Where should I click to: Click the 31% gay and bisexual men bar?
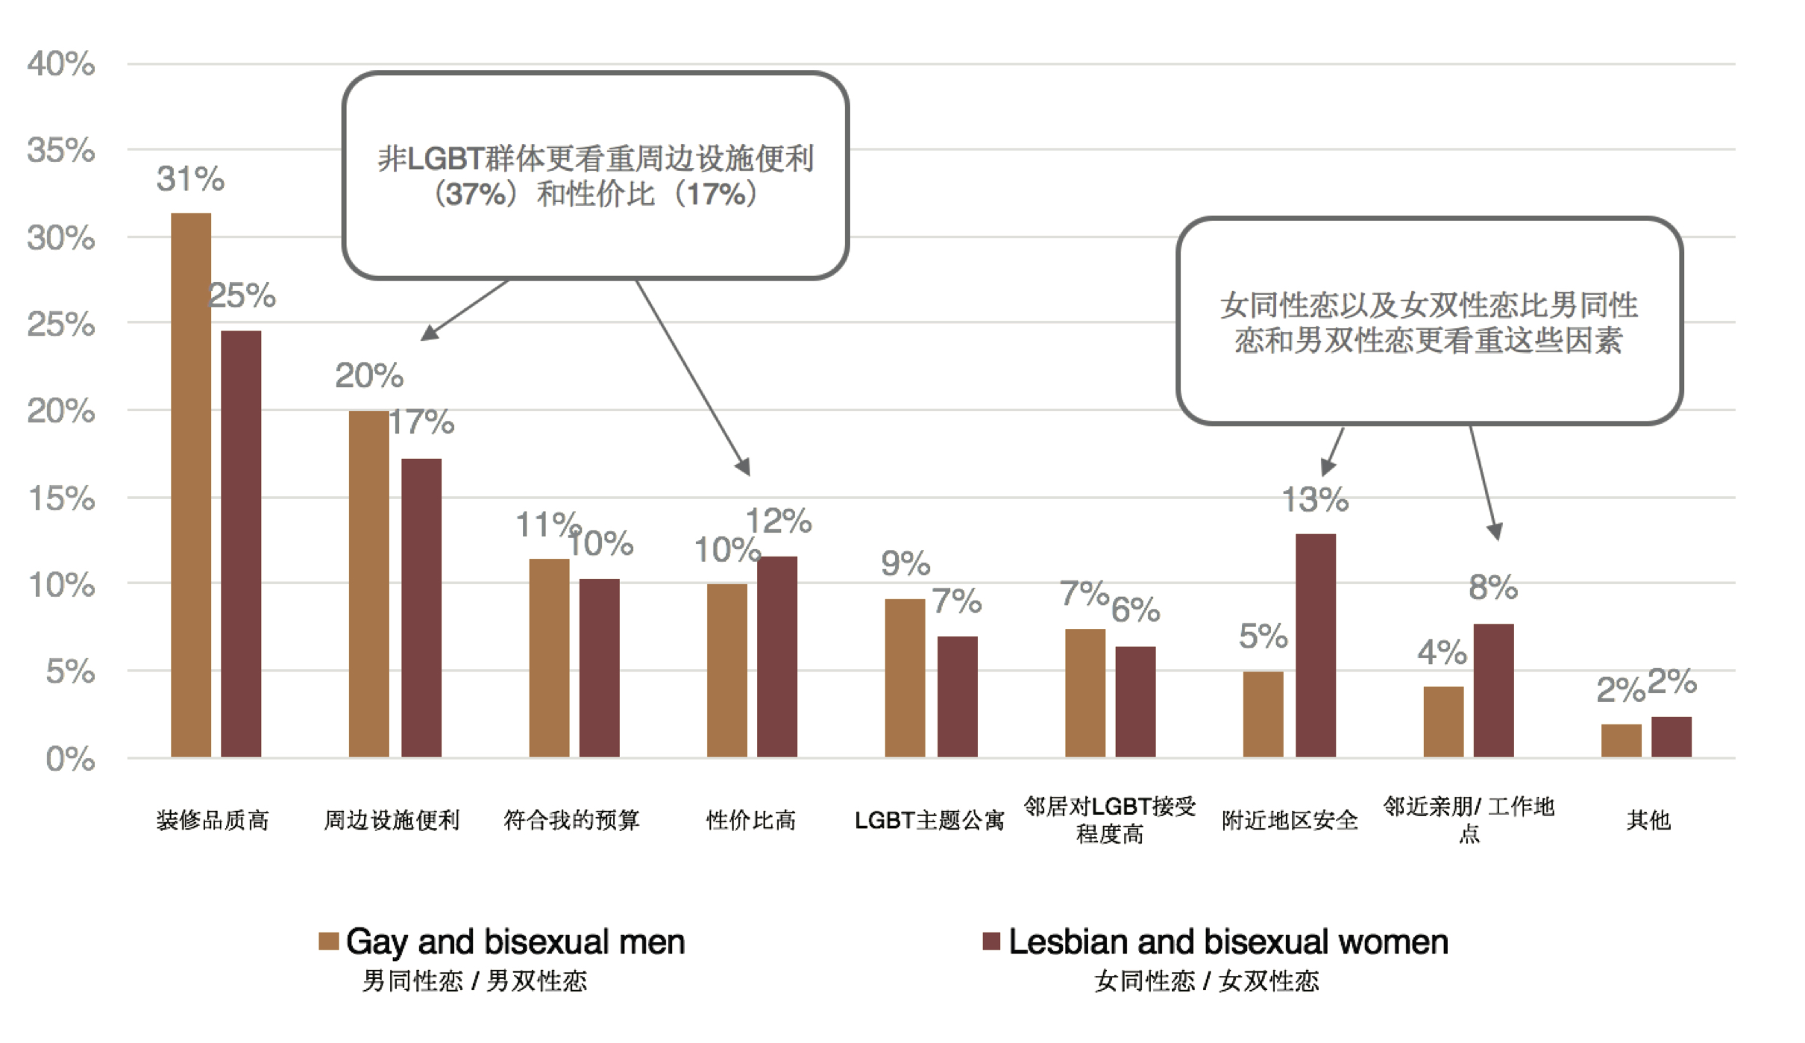point(191,485)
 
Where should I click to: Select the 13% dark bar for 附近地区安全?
point(1315,645)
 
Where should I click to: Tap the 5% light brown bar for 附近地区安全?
point(1263,714)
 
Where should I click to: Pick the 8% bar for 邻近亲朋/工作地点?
point(1493,690)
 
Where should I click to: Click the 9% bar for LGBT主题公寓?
point(905,677)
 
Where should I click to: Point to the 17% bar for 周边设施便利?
point(421,608)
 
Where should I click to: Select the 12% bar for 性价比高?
point(777,657)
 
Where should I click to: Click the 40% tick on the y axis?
point(61,64)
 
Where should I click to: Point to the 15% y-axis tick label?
point(61,498)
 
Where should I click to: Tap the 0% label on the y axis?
point(70,759)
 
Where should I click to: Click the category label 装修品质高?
point(213,820)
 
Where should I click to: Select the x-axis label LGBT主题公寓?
point(929,820)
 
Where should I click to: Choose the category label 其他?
point(1648,820)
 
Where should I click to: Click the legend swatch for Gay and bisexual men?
point(328,941)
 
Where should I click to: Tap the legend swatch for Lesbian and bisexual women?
point(991,941)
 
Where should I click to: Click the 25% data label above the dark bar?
point(242,295)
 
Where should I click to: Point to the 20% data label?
point(368,375)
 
